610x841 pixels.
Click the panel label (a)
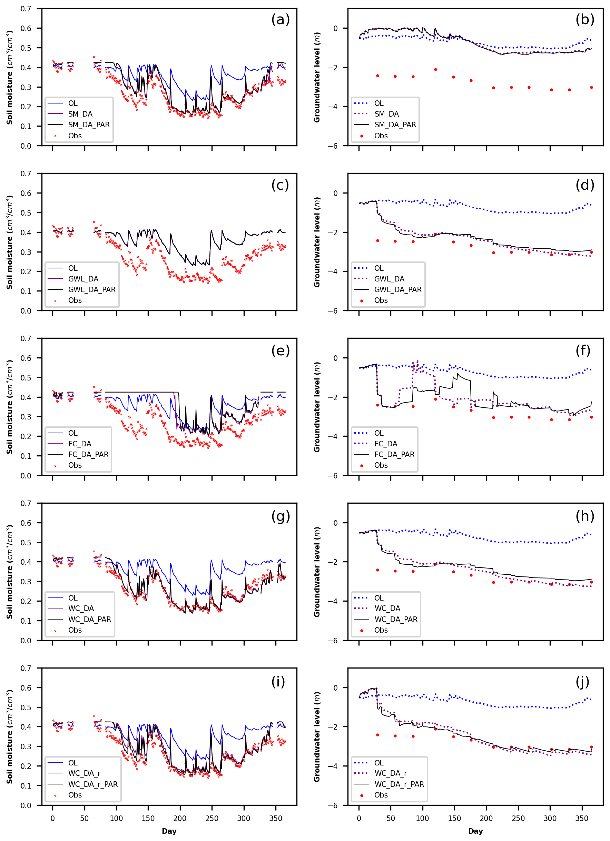pyautogui.click(x=281, y=19)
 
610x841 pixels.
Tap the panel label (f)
pyautogui.click(x=583, y=350)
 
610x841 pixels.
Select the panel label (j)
pyautogui.click(x=582, y=681)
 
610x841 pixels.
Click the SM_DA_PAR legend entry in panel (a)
pyautogui.click(x=89, y=125)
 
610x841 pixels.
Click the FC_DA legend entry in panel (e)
pyautogui.click(x=79, y=444)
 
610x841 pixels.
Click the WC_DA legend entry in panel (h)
pyautogui.click(x=387, y=609)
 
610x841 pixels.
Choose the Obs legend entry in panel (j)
pyautogui.click(x=381, y=795)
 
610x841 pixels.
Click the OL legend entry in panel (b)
pyautogui.click(x=378, y=103)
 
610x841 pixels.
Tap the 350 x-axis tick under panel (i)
pyautogui.click(x=276, y=818)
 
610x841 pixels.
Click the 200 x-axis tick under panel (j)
pyautogui.click(x=486, y=818)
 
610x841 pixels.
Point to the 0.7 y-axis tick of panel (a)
pyautogui.click(x=26, y=9)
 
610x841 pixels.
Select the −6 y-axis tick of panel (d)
pyautogui.click(x=333, y=311)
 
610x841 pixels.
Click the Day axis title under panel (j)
pyautogui.click(x=475, y=831)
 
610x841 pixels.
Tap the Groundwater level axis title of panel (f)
pyautogui.click(x=317, y=407)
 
